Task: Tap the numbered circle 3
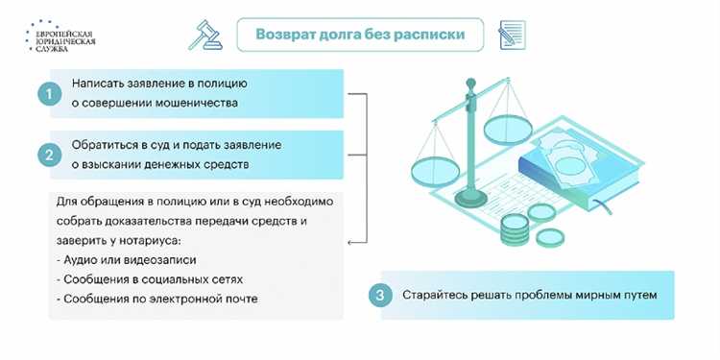coord(381,296)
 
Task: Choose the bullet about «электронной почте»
coord(149,299)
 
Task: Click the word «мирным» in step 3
coord(574,296)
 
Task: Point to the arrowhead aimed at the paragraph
coord(349,241)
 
